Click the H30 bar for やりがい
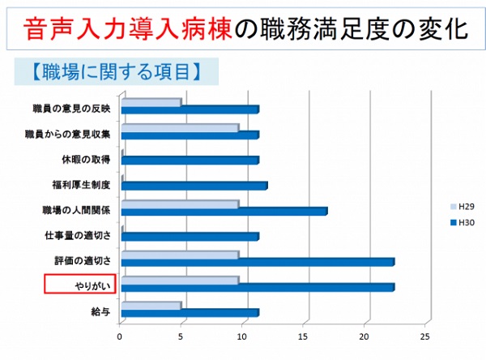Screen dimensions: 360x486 (258, 288)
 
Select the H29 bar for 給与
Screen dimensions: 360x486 (151, 306)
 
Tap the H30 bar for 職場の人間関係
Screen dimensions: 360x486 (224, 212)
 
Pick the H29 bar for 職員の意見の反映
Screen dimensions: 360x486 (151, 102)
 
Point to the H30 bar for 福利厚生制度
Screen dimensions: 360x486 (194, 186)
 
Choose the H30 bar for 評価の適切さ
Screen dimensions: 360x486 (258, 262)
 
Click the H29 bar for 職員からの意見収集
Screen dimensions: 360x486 (180, 127)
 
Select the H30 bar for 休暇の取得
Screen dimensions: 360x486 (190, 161)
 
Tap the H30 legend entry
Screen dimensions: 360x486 (461, 222)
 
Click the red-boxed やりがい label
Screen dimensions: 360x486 (80, 285)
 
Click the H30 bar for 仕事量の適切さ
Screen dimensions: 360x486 (190, 237)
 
